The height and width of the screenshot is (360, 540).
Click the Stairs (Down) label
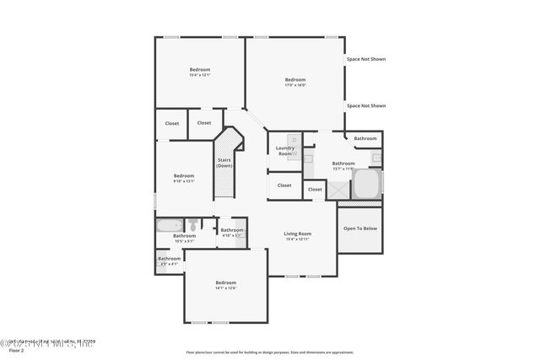pos(224,162)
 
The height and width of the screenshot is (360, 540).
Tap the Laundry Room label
pos(285,151)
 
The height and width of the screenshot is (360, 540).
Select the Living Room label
pos(297,234)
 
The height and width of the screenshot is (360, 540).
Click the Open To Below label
pos(359,228)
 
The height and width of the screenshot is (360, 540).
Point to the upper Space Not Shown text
pos(365,60)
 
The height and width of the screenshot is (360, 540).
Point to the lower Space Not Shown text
pos(365,105)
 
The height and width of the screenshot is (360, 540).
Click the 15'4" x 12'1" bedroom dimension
pos(199,75)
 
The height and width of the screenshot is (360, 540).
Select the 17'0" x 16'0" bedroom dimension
pos(294,85)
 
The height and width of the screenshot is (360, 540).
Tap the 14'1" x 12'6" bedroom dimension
pos(225,288)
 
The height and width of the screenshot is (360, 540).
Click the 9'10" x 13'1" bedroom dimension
pos(184,181)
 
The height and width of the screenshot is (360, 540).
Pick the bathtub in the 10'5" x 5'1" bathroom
pos(170,225)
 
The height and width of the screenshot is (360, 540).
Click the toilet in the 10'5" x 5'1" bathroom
pos(193,224)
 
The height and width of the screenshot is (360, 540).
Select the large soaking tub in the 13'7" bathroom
pos(366,184)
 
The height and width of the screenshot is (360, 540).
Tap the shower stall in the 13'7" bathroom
pos(340,191)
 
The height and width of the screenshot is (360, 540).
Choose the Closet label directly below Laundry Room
pos(284,185)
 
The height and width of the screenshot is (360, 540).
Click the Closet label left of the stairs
pos(204,123)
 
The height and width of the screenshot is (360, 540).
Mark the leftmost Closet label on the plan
pos(172,124)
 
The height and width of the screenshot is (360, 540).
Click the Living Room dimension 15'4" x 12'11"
pos(297,239)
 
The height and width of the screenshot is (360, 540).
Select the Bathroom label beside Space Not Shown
pos(365,138)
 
